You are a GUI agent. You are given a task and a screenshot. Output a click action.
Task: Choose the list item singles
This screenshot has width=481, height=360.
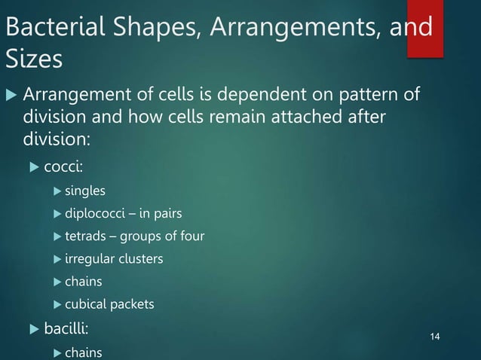coord(85,191)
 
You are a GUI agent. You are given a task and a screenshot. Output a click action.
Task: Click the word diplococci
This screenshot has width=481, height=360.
coord(93,214)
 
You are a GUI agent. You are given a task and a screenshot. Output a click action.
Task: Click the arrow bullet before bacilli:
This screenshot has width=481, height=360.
coord(33,329)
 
